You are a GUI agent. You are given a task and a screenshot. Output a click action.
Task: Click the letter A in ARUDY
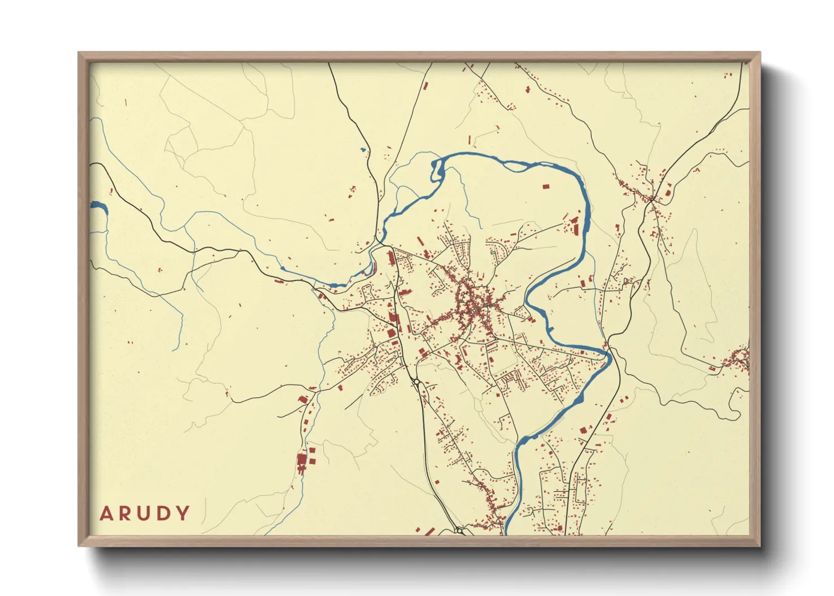tap(107, 514)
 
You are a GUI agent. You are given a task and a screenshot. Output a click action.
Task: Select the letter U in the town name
tap(145, 514)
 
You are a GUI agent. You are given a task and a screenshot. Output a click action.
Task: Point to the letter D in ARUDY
tap(163, 514)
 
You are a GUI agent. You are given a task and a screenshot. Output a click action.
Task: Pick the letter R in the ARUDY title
tap(126, 514)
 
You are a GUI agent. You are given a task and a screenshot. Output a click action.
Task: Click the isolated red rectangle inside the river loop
tap(545, 186)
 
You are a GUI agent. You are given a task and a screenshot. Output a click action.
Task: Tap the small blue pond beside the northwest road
tap(363, 150)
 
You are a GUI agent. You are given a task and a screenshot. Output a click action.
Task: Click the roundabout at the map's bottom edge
tap(459, 530)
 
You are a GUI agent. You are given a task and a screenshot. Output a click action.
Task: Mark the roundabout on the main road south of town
tap(416, 382)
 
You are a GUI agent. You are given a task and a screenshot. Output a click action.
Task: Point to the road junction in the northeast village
tap(651, 198)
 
